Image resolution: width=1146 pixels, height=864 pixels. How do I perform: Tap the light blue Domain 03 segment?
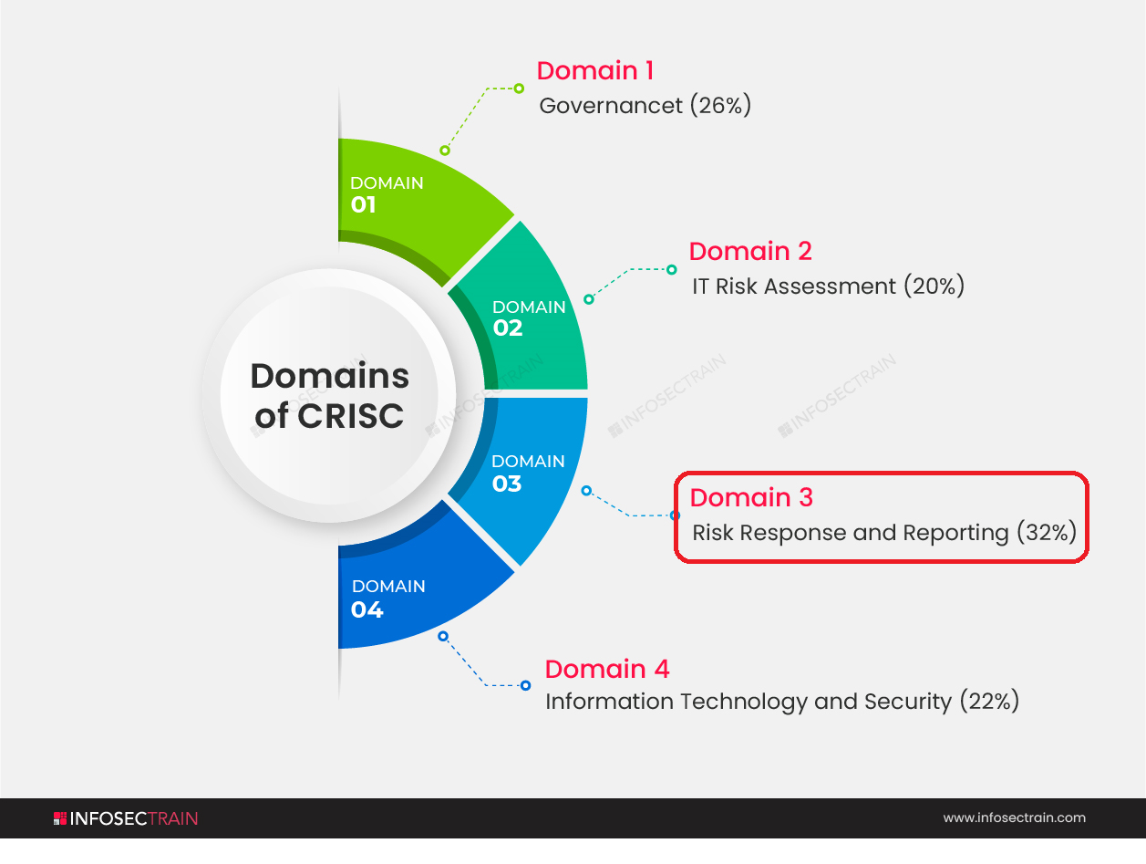527,470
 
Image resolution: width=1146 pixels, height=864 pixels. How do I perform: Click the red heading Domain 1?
595,70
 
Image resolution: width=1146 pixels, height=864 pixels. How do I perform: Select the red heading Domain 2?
750,251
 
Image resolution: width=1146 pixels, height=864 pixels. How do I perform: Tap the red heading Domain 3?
751,497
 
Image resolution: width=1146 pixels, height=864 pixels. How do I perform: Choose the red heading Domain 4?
606,669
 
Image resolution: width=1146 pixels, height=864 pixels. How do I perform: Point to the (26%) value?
720,106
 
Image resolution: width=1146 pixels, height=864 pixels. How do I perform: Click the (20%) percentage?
934,286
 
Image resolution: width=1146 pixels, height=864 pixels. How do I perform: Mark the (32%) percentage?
1047,533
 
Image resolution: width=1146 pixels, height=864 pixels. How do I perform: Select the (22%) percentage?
990,701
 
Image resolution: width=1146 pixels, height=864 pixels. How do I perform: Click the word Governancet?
611,106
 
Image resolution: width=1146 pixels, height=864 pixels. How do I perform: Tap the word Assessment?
831,286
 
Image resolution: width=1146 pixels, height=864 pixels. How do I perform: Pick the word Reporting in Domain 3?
955,534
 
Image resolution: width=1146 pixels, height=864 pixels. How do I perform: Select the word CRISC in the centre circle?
351,416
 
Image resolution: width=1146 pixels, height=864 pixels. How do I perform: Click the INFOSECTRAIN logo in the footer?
126,818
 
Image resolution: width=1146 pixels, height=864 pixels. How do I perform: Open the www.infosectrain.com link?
1015,817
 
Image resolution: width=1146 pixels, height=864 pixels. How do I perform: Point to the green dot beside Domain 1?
519,88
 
